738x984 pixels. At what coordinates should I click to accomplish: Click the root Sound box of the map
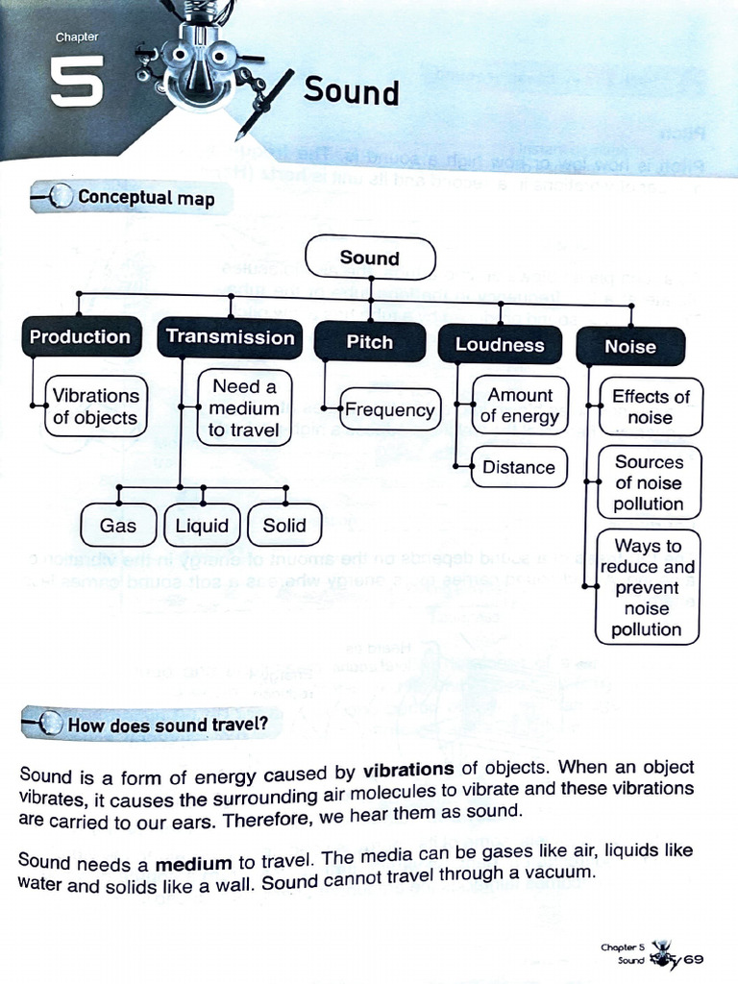coord(370,258)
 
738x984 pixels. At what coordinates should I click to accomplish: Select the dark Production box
coord(80,337)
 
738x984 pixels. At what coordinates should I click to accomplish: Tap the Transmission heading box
coord(230,337)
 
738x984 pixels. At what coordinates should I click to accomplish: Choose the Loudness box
coord(500,345)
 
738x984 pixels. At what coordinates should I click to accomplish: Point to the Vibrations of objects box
coord(95,406)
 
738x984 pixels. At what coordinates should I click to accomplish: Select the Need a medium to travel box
coord(244,407)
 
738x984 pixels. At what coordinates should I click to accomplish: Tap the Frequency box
coord(390,410)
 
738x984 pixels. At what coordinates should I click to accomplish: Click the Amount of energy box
coord(520,406)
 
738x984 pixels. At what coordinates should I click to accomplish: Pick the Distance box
coord(519,468)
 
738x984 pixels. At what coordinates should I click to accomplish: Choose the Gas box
coord(118,526)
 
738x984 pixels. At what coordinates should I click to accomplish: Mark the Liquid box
coord(203,526)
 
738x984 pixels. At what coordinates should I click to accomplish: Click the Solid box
coord(284,526)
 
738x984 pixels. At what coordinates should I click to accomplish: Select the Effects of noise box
coord(651,406)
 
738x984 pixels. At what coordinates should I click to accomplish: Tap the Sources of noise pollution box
coord(649,483)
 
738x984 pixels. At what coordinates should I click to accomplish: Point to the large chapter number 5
coord(77,82)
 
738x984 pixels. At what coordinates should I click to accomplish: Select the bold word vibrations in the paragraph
coord(408,771)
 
